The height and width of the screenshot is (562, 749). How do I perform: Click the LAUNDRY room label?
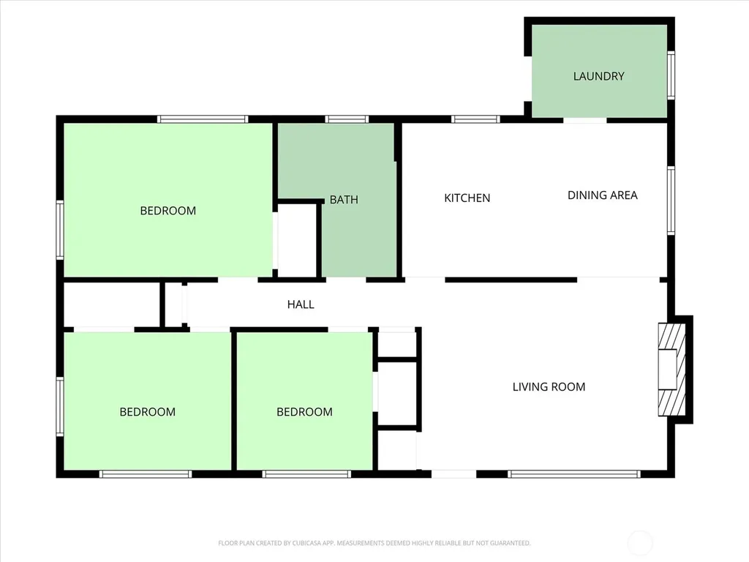pyautogui.click(x=598, y=76)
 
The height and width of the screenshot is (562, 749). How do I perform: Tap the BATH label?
pyautogui.click(x=344, y=199)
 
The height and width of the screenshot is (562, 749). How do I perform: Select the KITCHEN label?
pyautogui.click(x=467, y=198)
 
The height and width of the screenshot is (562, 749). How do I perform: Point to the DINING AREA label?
pyautogui.click(x=603, y=195)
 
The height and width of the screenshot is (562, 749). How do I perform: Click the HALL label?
pyautogui.click(x=301, y=304)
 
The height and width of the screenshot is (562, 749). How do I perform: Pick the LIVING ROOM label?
pyautogui.click(x=549, y=386)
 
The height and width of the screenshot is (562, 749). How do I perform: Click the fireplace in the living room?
pyautogui.click(x=672, y=370)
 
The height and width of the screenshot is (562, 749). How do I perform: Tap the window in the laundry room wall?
pyautogui.click(x=671, y=75)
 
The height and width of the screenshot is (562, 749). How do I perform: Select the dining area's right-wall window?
pyautogui.click(x=671, y=201)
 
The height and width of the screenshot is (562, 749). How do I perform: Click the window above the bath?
pyautogui.click(x=347, y=119)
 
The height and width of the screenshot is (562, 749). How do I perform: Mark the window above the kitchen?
pyautogui.click(x=475, y=119)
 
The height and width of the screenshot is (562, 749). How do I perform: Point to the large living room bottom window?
pyautogui.click(x=573, y=474)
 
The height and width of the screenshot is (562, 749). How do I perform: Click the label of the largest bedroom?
pyautogui.click(x=168, y=211)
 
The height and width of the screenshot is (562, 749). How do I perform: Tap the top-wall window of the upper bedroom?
pyautogui.click(x=203, y=119)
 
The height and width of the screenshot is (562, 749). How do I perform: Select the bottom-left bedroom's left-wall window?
pyautogui.click(x=60, y=407)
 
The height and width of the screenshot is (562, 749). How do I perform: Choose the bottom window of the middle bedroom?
pyautogui.click(x=306, y=474)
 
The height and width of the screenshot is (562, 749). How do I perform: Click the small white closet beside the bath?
pyautogui.click(x=297, y=240)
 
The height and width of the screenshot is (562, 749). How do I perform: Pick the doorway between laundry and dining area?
pyautogui.click(x=585, y=120)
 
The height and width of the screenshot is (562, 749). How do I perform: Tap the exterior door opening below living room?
pyautogui.click(x=453, y=474)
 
